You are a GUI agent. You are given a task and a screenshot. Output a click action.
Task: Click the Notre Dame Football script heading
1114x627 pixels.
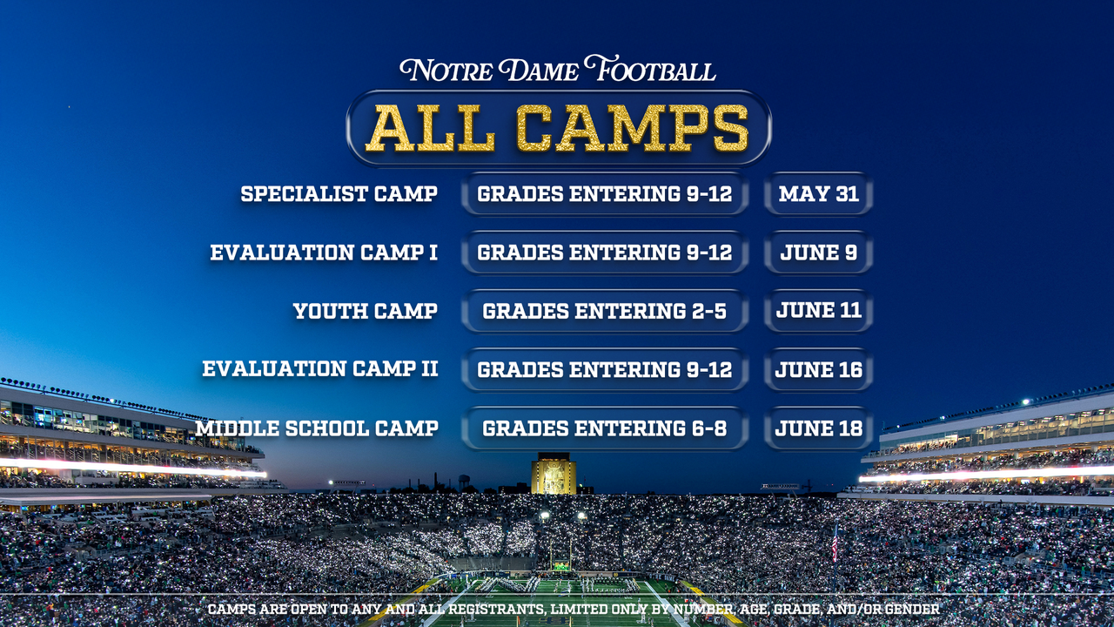point(558,70)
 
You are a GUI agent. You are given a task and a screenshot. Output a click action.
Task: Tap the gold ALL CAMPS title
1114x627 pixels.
point(558,128)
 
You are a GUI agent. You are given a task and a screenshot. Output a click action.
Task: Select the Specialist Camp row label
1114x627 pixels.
point(339,193)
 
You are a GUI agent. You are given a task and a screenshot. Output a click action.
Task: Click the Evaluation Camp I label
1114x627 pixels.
point(323,253)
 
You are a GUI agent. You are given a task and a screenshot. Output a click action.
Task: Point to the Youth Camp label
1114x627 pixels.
point(365,311)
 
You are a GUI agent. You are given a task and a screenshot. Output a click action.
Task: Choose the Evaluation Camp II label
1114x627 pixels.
point(319,369)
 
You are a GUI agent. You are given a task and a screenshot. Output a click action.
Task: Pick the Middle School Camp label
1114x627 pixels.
point(317,428)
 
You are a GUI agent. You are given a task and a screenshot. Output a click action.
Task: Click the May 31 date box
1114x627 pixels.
point(818,193)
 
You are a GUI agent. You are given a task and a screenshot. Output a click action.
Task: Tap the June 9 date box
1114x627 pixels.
point(818,253)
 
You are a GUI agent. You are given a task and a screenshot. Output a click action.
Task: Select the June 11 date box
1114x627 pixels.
point(818,311)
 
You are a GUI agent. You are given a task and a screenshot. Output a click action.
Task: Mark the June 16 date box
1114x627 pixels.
point(818,369)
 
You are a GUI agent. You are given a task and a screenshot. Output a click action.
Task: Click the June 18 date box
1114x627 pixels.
point(818,428)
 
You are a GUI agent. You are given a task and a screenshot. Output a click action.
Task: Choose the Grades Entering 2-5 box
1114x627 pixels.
point(604,311)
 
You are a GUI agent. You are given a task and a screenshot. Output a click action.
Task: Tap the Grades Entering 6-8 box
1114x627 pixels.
point(604,428)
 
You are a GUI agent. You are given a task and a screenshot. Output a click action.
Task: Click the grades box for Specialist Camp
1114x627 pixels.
point(604,193)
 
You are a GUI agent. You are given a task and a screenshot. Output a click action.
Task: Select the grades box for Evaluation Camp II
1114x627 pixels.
point(604,369)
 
